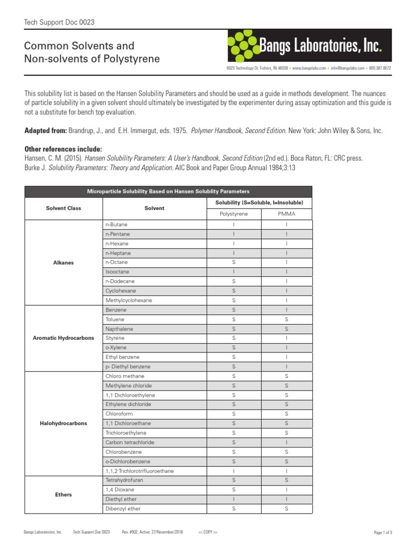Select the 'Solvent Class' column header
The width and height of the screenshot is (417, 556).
(x=63, y=208)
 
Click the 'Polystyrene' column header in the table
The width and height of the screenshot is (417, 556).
(x=233, y=214)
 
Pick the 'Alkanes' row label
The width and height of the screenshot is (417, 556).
(x=63, y=262)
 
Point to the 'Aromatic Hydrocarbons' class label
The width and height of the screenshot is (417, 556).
(x=63, y=338)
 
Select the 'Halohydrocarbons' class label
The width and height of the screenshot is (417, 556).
(x=63, y=423)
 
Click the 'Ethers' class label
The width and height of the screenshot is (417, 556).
(x=63, y=495)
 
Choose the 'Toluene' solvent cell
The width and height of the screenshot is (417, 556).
(x=115, y=319)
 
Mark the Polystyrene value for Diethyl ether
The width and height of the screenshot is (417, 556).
(x=233, y=499)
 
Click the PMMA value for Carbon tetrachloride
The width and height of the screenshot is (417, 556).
(x=286, y=443)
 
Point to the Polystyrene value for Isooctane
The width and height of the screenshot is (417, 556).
(x=233, y=271)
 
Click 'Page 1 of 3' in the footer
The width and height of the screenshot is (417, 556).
(x=383, y=533)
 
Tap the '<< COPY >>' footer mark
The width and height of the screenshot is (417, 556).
(x=208, y=533)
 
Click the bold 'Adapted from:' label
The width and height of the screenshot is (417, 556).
(x=46, y=131)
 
